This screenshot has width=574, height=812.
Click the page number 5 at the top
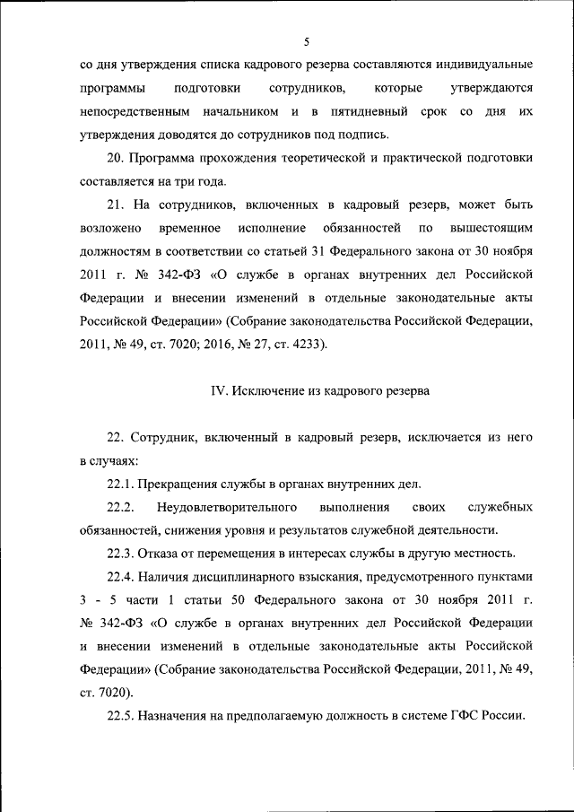(306, 41)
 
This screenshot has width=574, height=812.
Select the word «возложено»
(108, 229)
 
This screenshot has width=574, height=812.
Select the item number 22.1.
(120, 484)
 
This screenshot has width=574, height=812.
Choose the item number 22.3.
(120, 553)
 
